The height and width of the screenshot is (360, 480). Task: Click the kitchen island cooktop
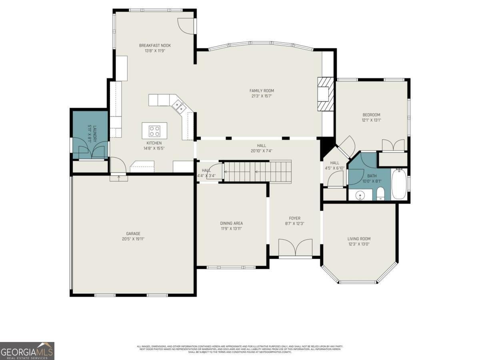click(x=154, y=130)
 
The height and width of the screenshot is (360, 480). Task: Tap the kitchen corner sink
click(x=179, y=106)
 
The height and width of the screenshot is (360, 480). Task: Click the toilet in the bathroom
click(x=380, y=194)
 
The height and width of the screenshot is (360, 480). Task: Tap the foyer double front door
click(x=295, y=248)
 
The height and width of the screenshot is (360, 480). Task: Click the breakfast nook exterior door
click(x=186, y=25)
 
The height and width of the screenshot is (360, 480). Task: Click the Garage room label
click(x=133, y=234)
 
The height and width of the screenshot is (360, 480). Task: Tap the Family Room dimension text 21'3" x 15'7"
click(x=262, y=96)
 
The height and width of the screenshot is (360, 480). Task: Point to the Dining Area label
click(x=231, y=223)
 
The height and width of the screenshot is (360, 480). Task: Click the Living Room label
click(x=359, y=239)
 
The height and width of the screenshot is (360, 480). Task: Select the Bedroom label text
click(x=371, y=115)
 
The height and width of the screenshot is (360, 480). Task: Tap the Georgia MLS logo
click(x=27, y=351)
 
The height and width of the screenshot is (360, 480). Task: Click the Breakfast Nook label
click(x=155, y=46)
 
